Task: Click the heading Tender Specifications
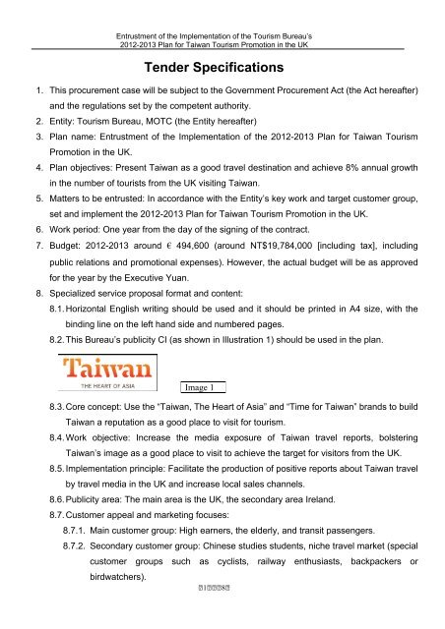222,69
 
